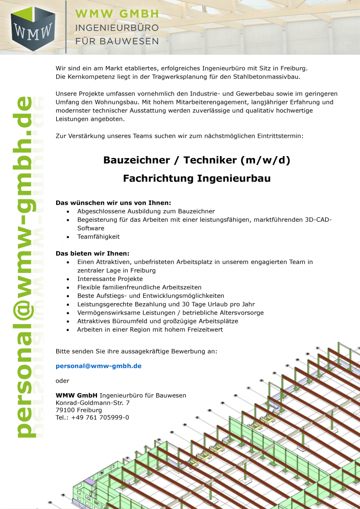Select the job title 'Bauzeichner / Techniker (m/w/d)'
click(x=196, y=160)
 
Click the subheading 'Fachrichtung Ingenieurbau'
click(x=196, y=178)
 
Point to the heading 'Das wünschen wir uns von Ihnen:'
click(x=113, y=203)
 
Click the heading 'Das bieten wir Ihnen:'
click(x=92, y=254)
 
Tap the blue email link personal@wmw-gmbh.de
click(x=98, y=366)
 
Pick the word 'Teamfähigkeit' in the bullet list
click(x=98, y=237)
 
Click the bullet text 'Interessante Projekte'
click(x=110, y=279)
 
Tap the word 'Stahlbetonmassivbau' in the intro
click(x=266, y=77)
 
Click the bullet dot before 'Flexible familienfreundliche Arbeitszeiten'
click(x=68, y=288)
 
